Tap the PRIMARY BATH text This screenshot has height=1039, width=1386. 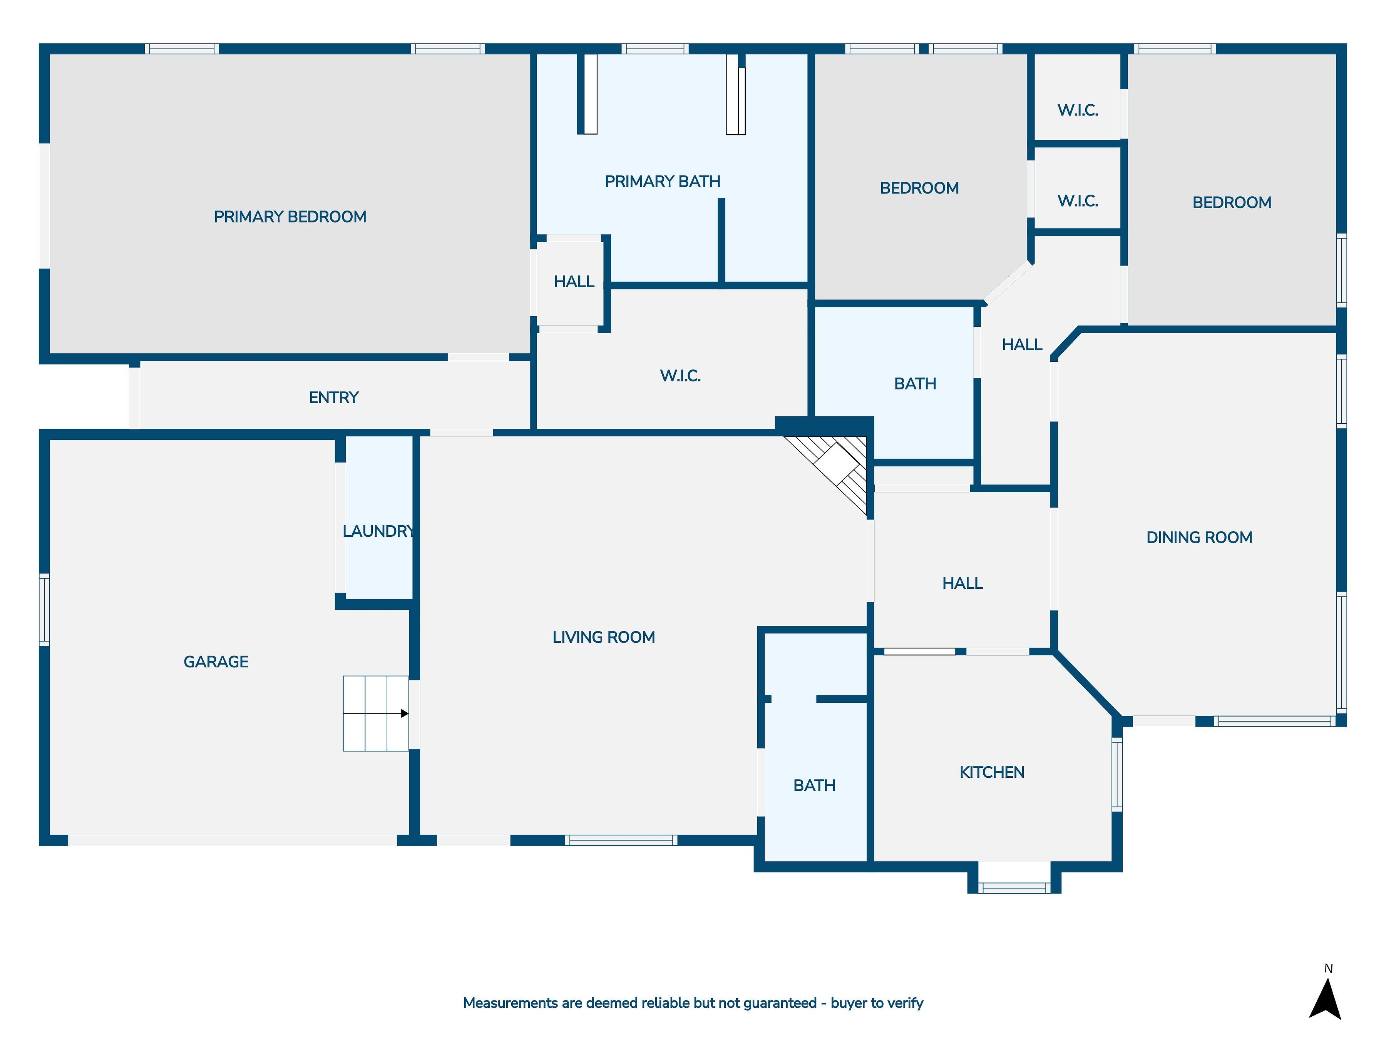tap(662, 182)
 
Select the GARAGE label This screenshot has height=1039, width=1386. tap(216, 661)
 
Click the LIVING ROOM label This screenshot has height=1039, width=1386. tap(603, 637)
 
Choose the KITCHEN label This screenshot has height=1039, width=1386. tap(991, 772)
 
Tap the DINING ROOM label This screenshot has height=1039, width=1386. tap(1199, 537)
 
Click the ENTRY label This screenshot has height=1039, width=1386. tap(333, 398)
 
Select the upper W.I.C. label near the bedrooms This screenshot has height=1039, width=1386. tap(1077, 110)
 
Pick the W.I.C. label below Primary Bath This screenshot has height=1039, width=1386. tap(680, 376)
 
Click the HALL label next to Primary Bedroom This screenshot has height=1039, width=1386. tap(573, 282)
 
